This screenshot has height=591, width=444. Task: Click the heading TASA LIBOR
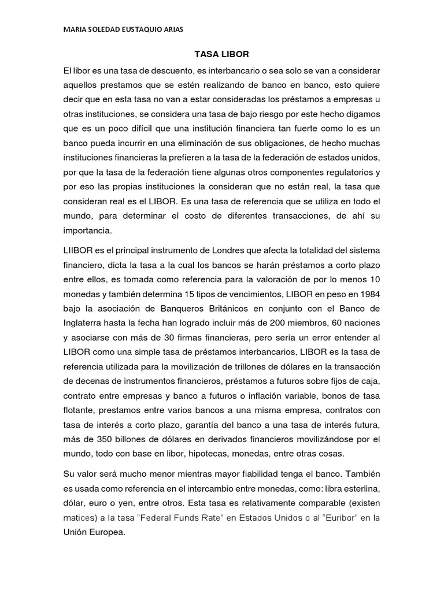coord(221,55)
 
